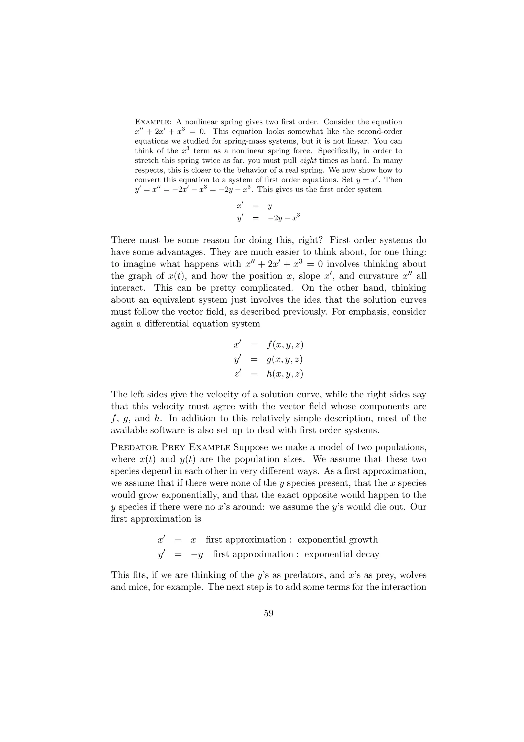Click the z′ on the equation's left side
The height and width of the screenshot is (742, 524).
click(237, 374)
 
